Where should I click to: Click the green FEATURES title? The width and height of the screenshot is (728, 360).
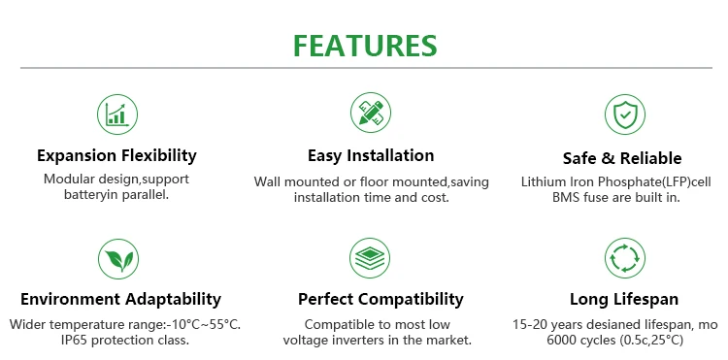pos(365,46)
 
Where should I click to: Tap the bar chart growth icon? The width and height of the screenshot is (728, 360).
pos(117,115)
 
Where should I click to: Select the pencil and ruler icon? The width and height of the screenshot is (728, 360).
pos(371,113)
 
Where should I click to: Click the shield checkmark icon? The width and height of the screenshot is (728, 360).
pos(625,115)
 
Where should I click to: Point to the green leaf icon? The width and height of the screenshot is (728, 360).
pos(118,259)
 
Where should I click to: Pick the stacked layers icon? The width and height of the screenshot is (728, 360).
pos(370,258)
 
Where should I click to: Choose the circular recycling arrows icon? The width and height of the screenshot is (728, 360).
pos(625,258)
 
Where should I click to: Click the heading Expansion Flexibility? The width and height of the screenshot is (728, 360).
pos(116,155)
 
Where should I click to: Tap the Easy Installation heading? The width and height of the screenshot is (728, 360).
pos(371,155)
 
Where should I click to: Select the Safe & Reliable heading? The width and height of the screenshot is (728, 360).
pos(622,158)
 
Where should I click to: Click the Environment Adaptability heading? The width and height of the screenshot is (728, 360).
pos(120,299)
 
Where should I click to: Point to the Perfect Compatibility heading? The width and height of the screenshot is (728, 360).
pos(381,299)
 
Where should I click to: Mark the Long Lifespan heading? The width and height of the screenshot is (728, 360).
pos(624,299)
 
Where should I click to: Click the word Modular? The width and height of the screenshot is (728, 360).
pos(63,180)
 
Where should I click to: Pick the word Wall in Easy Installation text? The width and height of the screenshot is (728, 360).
pos(264,181)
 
